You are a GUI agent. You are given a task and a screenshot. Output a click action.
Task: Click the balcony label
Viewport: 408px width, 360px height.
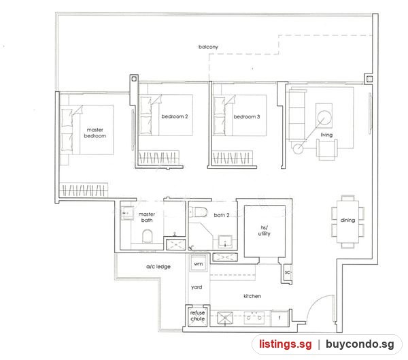click(x=208, y=47)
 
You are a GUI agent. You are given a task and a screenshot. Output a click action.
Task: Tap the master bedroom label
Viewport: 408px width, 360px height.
click(x=95, y=133)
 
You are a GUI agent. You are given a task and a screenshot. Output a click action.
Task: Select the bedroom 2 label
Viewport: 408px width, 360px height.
click(x=175, y=116)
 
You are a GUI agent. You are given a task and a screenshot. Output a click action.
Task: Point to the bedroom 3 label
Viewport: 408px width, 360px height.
click(x=247, y=116)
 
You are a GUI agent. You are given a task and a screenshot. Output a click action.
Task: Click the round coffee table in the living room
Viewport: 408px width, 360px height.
click(x=324, y=118)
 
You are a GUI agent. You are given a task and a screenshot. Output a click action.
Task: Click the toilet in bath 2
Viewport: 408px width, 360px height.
click(x=199, y=212)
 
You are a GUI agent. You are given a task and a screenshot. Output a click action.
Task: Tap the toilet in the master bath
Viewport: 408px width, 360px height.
click(x=148, y=236)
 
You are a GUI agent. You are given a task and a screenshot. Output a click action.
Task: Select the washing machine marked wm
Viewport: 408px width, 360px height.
click(x=199, y=263)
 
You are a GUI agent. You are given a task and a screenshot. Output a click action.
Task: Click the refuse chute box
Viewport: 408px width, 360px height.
click(x=197, y=316)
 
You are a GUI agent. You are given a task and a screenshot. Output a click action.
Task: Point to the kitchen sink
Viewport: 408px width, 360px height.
click(x=225, y=318)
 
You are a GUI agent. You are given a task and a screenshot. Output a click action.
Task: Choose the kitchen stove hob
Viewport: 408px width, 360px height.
click(x=254, y=318)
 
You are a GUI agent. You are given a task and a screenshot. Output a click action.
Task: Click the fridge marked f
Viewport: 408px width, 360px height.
click(x=279, y=318)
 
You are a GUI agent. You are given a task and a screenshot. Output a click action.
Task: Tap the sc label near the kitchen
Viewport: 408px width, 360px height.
click(x=287, y=272)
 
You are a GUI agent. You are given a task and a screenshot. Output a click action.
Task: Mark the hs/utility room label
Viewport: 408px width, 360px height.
click(x=264, y=231)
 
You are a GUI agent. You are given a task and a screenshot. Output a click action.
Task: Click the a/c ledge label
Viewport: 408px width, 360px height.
click(x=158, y=267)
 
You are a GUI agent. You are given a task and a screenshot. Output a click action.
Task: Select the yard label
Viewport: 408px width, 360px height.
click(x=197, y=287)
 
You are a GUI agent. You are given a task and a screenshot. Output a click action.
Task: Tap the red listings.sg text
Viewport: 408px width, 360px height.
click(x=285, y=344)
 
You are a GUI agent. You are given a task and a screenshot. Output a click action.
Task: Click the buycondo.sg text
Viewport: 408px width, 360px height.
click(x=360, y=344)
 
